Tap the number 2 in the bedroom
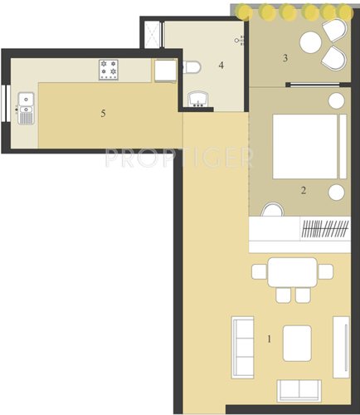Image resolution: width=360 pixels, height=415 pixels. click(x=304, y=190)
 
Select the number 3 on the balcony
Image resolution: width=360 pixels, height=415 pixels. click(x=285, y=58)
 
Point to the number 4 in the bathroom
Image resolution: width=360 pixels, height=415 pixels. click(x=221, y=65)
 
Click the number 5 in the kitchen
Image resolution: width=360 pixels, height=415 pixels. click(x=103, y=114)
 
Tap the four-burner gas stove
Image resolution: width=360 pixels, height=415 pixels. click(x=109, y=69)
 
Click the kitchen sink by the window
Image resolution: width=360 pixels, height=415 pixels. click(x=26, y=108)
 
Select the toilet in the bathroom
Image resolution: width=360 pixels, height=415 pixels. click(x=189, y=68)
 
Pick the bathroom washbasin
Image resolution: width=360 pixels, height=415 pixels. click(x=197, y=100)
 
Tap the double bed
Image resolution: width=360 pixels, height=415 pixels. click(x=305, y=146)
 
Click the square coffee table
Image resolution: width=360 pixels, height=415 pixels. click(x=297, y=343)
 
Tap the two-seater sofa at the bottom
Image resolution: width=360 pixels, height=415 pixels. click(x=297, y=390)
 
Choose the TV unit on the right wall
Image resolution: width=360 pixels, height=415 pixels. click(x=339, y=344)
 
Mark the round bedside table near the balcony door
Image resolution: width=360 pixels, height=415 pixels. click(x=337, y=100)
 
